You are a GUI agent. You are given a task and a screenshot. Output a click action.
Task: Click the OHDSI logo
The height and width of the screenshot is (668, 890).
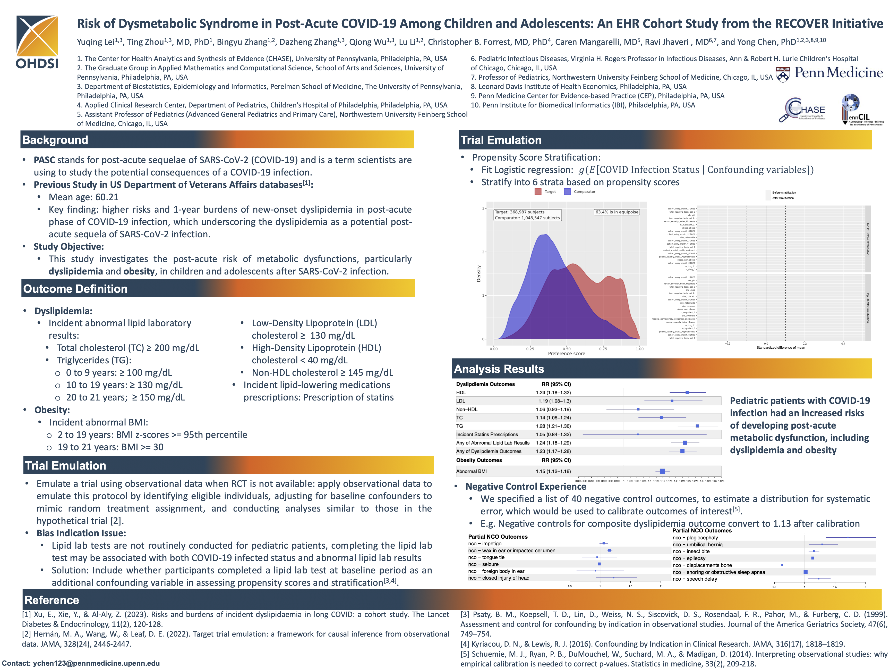point(37,42)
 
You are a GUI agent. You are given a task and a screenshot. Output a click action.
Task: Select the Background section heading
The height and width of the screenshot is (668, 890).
point(55,140)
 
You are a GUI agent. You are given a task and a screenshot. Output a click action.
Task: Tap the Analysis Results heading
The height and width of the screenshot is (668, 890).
point(499,369)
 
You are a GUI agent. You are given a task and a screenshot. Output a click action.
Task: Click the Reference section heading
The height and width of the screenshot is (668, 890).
point(52,600)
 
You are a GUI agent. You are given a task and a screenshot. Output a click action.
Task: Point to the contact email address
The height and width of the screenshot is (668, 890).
point(96,663)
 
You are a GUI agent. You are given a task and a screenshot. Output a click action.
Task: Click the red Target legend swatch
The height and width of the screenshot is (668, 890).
point(538,192)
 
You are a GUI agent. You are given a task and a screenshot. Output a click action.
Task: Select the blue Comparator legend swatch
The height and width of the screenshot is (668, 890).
point(567,192)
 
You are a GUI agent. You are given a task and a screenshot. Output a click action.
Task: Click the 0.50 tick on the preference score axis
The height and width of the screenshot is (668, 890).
point(567,349)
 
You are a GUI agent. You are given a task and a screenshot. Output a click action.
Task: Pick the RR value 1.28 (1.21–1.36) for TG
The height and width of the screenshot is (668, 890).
point(553,426)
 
